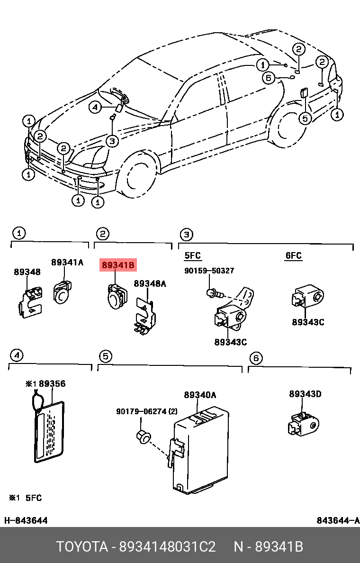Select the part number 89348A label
150,283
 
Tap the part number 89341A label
67,262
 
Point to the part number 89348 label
27,272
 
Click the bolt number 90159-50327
209,271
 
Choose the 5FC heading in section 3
192,256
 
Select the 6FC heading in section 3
293,256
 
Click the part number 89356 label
52,384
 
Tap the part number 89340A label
200,395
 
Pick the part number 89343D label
305,394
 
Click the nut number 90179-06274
142,412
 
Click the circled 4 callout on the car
95,108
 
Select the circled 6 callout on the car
269,78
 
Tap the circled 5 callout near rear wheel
306,118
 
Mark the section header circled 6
255,358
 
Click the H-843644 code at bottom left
26,521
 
